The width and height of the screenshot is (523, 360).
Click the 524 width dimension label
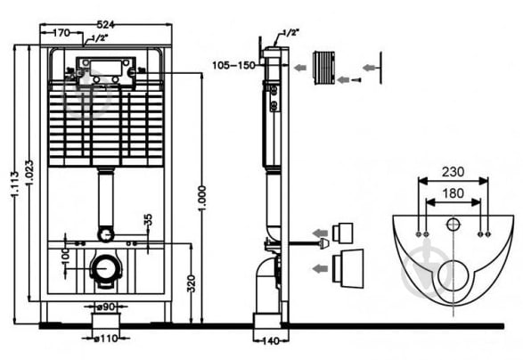(105, 24)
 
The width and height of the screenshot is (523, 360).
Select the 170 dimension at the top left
(61, 33)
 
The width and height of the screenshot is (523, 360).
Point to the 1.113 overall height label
(14, 184)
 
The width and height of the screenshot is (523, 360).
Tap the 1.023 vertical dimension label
(29, 174)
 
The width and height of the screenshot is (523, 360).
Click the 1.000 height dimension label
(202, 198)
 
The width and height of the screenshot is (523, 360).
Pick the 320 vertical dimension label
(191, 284)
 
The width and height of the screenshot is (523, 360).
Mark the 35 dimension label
(149, 219)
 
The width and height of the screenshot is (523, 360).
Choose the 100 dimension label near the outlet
(66, 256)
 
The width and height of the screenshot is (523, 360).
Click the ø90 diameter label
(105, 306)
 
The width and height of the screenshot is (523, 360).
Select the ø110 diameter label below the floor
(105, 339)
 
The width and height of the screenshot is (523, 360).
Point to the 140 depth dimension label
(271, 341)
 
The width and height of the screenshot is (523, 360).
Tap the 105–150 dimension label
(233, 65)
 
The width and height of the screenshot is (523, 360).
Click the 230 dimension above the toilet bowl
(453, 172)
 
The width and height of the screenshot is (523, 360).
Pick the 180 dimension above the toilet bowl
(453, 193)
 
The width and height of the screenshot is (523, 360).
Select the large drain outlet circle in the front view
(106, 268)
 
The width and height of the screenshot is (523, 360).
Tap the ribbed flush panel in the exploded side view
(324, 68)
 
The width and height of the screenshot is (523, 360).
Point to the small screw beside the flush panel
(357, 79)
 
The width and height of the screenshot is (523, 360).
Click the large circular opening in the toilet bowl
(453, 276)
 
